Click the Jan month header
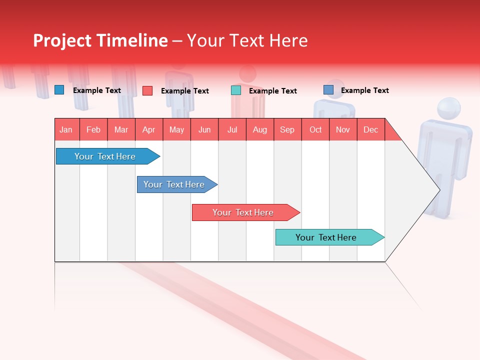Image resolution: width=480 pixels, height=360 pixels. (x=66, y=129)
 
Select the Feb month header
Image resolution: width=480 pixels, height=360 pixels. (x=93, y=129)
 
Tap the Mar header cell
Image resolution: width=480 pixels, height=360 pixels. (x=121, y=129)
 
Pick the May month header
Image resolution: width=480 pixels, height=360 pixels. (x=176, y=129)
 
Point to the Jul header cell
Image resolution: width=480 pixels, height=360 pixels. (x=232, y=129)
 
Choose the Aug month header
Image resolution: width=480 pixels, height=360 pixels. (x=260, y=129)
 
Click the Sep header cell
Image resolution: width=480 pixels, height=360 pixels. (x=287, y=129)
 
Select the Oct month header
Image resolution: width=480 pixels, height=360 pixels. (x=315, y=129)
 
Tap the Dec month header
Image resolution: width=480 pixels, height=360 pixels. (x=371, y=129)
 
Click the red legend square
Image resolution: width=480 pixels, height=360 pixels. (x=147, y=90)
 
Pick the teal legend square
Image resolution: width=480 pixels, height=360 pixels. (x=236, y=90)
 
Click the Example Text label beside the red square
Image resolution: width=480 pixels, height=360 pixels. (x=184, y=91)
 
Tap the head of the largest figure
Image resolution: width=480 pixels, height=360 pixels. (x=448, y=109)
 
